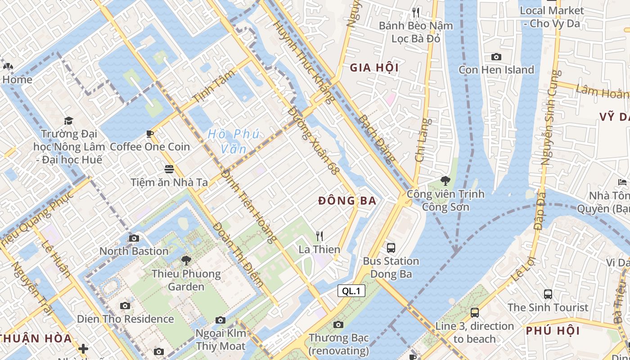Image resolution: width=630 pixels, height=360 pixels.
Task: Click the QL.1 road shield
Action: point(351,291)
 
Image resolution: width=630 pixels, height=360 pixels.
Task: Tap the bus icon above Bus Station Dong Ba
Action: point(391,247)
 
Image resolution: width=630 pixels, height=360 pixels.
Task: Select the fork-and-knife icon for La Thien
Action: point(319,236)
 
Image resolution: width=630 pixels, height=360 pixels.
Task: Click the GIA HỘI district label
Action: point(374,67)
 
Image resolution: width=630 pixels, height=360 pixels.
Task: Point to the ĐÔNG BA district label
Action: point(347,201)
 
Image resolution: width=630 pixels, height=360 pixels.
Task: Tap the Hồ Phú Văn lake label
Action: point(234,141)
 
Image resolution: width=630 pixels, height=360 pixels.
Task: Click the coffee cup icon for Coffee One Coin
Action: point(150,134)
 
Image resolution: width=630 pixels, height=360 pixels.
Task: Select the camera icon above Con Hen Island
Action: point(496,57)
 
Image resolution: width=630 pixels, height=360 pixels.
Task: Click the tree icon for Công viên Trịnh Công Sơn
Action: point(445,181)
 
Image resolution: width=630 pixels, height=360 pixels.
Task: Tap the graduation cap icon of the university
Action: point(68,121)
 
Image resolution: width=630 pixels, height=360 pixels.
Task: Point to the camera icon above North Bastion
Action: point(134,238)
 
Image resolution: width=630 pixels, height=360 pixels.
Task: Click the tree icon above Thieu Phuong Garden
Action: point(186,260)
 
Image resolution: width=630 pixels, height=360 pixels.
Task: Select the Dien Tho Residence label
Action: point(125,319)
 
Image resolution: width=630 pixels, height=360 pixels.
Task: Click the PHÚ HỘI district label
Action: point(553,331)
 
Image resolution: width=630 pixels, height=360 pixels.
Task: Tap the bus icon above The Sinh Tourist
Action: point(548,294)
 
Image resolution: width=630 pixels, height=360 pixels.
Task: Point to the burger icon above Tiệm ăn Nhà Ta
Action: point(169,169)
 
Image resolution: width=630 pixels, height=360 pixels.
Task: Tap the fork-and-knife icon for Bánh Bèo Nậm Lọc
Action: point(416,13)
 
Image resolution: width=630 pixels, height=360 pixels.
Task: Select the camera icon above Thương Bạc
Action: point(338,324)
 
